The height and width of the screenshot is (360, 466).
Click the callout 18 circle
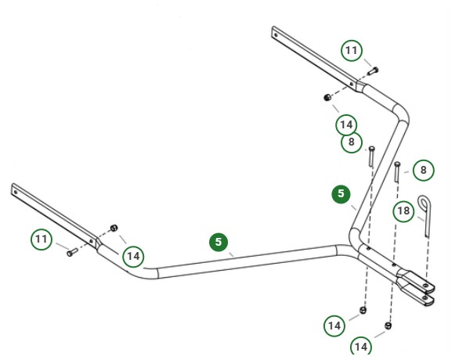click(403, 211)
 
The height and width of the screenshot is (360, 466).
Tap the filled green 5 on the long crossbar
click(219, 242)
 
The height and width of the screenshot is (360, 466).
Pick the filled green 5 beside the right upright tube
click(341, 194)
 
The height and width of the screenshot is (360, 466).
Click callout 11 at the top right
click(352, 52)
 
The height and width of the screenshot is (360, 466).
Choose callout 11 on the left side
click(42, 239)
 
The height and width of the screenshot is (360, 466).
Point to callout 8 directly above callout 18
click(423, 170)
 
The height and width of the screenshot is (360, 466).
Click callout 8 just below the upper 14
click(352, 142)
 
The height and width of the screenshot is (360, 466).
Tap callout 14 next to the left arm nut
click(133, 256)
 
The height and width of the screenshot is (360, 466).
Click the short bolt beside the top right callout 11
click(372, 71)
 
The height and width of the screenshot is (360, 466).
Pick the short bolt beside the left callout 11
click(71, 252)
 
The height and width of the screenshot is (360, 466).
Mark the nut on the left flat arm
click(114, 228)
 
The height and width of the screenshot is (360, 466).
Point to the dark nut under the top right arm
click(328, 97)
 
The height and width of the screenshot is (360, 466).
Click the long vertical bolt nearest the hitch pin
click(398, 171)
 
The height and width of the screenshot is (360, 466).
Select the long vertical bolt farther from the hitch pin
click(370, 156)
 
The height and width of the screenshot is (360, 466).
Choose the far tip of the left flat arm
click(15, 188)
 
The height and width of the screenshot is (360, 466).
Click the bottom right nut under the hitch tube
click(388, 325)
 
